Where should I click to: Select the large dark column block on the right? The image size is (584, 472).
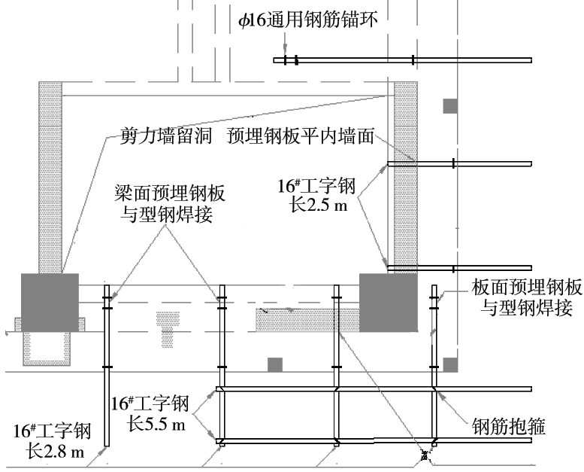388,302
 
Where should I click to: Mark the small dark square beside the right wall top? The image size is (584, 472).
449,106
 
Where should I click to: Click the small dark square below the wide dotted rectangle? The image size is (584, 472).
275,364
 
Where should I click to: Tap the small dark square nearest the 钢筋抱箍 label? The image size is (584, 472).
449,364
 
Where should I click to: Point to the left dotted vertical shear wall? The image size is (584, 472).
50,177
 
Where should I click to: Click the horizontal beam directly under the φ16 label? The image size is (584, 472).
406,60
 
